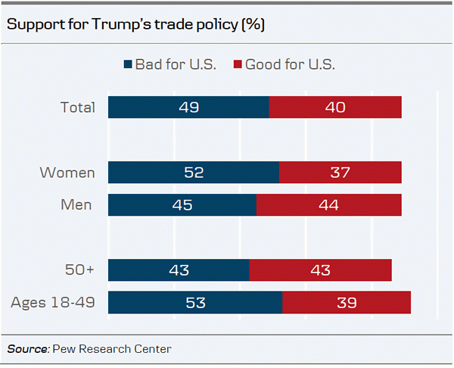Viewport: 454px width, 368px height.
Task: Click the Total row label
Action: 78,108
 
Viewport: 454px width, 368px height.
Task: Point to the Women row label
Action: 68,173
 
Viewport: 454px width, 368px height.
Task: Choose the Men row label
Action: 77,205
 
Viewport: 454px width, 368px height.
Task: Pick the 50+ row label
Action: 79,270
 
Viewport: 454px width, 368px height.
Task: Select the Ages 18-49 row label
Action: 53,303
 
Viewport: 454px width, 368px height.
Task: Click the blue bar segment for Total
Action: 188,108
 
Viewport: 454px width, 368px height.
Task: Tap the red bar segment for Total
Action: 335,108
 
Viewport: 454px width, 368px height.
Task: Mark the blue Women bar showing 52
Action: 194,173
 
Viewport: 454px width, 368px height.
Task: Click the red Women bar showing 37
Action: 340,173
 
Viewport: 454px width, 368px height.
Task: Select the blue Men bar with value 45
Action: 182,205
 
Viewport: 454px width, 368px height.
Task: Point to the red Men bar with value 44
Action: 329,205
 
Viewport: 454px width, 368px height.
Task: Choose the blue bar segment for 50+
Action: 179,270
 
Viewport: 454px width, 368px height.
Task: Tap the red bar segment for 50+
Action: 320,270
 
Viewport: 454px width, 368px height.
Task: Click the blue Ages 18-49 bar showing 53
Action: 195,303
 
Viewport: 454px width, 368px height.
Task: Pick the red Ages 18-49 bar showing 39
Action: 347,303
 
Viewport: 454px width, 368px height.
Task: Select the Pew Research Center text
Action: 112,349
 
